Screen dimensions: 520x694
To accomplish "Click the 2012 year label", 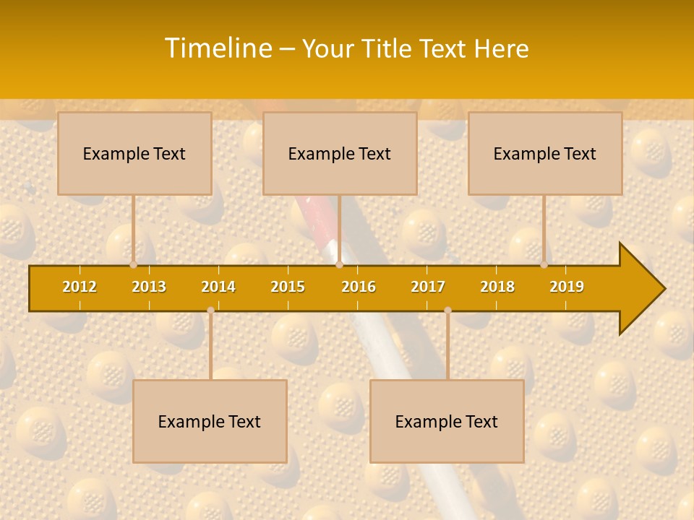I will (x=80, y=287).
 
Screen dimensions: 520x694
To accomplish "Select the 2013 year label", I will (x=149, y=287).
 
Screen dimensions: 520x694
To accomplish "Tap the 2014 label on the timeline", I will (x=218, y=287).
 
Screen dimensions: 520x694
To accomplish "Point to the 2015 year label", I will (x=288, y=287).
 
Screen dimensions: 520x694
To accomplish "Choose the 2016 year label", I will (x=359, y=287).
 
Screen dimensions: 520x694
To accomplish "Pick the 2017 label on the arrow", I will (x=428, y=287).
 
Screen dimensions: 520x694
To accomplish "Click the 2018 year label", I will (x=497, y=287).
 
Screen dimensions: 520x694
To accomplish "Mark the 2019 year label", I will (x=567, y=287).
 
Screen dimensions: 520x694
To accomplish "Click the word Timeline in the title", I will (x=218, y=48).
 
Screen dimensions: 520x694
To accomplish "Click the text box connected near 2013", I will (x=134, y=153).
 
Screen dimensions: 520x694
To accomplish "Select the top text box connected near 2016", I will (x=340, y=153).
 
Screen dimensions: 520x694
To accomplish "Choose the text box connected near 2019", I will (x=545, y=153).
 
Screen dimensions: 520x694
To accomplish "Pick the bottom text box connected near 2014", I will (x=210, y=421).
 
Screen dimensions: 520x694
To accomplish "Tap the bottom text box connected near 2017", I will (x=447, y=421).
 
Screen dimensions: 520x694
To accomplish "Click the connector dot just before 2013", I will (x=133, y=265).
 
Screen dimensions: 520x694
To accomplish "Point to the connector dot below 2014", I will (x=210, y=311).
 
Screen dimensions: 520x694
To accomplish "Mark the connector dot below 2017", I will (x=447, y=311).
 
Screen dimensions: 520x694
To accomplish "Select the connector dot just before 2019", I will (x=544, y=265).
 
